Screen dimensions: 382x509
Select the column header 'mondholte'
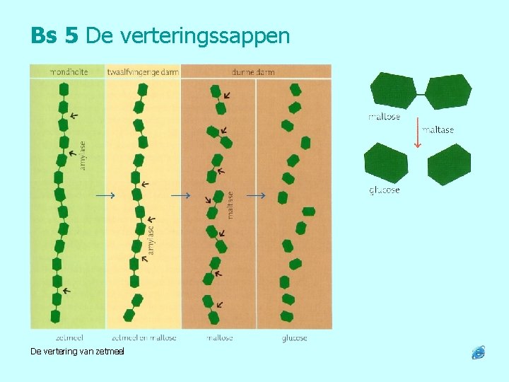coord(68,71)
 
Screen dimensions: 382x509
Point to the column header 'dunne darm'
coord(252,71)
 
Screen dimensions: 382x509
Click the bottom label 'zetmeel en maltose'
coord(144,338)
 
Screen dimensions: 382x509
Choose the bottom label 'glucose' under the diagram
coord(294,338)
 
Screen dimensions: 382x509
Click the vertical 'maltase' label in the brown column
coord(230,203)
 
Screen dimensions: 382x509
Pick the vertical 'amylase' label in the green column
coord(83,156)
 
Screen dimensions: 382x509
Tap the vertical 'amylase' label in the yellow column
coord(151,238)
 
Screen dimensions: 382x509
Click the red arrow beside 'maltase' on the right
coord(417,132)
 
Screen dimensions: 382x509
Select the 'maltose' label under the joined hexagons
coord(384,117)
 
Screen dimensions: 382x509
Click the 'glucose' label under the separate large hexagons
coord(384,190)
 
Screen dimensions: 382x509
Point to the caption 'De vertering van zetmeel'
coord(77,352)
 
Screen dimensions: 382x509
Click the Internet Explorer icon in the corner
coord(479,352)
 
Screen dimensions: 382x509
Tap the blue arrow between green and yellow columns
coord(105,195)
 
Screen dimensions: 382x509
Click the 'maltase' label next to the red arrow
coord(438,130)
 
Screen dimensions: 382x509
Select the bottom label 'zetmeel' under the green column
coord(68,338)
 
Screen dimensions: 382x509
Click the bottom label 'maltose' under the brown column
coord(220,338)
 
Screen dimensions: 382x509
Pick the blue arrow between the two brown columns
coord(256,195)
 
